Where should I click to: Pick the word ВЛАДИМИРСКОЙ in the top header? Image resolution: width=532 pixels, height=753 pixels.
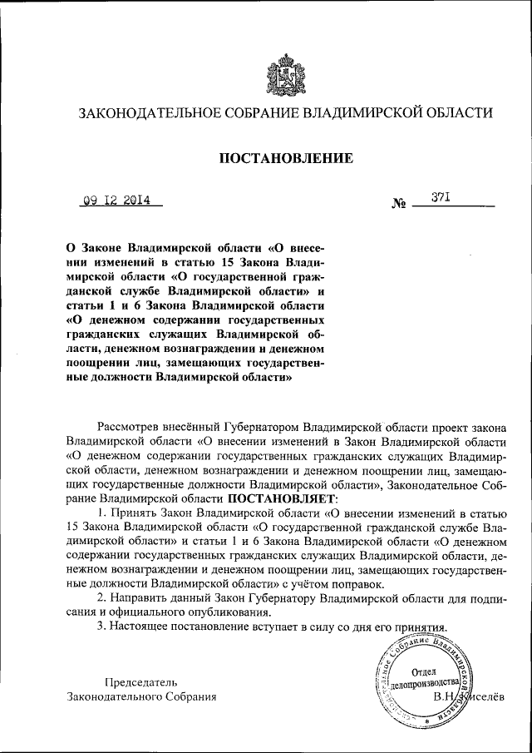[359, 113]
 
